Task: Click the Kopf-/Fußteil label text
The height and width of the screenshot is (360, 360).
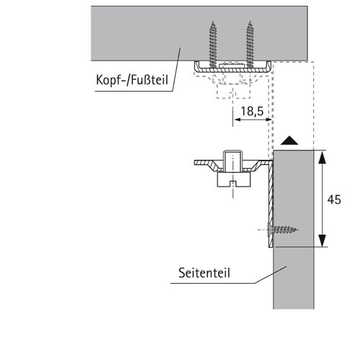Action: click(x=132, y=80)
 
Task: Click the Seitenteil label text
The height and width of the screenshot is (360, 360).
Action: click(x=204, y=273)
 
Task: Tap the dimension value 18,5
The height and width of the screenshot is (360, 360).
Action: click(x=252, y=111)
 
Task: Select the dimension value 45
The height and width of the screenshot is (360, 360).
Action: click(x=334, y=199)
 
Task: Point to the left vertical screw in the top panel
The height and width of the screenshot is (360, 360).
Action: click(x=212, y=44)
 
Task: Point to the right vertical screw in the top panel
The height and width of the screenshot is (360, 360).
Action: click(x=250, y=44)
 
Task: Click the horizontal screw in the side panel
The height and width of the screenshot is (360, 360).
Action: click(x=283, y=230)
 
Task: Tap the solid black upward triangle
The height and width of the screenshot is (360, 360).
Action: click(x=289, y=140)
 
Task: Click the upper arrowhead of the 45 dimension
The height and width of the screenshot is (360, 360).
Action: click(x=323, y=158)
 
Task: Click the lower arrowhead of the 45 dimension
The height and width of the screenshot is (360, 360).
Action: click(x=323, y=240)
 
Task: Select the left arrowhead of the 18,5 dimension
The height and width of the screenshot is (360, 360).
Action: click(x=237, y=120)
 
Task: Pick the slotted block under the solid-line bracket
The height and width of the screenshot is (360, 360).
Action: click(x=234, y=179)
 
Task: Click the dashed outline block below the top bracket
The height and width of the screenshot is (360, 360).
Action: click(x=233, y=91)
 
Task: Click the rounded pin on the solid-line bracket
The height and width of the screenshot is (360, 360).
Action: click(x=233, y=161)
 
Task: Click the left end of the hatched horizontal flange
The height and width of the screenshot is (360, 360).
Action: click(x=194, y=163)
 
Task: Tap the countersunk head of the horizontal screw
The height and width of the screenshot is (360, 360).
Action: click(x=270, y=230)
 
